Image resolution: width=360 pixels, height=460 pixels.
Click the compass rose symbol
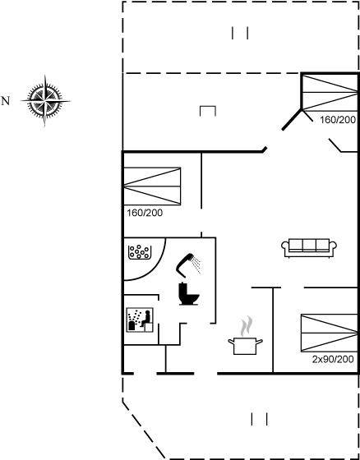pos(45,101)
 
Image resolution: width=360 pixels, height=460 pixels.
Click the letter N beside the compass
pos(5,101)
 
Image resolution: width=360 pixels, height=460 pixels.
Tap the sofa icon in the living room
pos(309,248)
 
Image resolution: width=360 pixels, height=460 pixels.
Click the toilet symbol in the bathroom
pos(189,294)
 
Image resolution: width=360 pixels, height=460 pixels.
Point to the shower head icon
pos(188,264)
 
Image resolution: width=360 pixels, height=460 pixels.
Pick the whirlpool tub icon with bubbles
pos(140,252)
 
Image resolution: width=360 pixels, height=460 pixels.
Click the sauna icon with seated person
pos(140,320)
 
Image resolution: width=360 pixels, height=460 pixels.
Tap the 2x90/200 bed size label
pos(333,360)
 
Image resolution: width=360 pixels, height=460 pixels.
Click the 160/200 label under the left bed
pos(145,213)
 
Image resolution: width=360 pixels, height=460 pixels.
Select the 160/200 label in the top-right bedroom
pos(338,120)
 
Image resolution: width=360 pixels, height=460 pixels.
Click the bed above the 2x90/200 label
pos(330,333)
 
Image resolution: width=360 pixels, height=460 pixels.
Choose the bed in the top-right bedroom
pos(330,92)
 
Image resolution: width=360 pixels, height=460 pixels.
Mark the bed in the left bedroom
pos(152,186)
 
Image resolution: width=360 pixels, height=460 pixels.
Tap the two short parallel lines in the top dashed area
pos(240,33)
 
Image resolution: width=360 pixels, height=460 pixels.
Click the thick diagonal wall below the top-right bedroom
pos(292,119)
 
